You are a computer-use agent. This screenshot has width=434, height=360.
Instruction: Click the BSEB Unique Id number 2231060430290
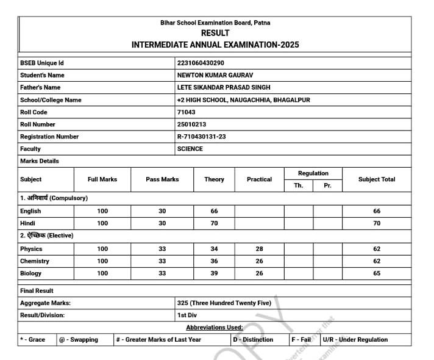(200, 63)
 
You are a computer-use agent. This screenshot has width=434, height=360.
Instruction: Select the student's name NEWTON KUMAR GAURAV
(215, 75)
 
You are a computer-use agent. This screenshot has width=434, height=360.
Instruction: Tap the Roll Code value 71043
(186, 112)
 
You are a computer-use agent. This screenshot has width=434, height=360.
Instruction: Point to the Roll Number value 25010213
(191, 124)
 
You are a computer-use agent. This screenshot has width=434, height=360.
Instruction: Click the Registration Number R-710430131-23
(201, 137)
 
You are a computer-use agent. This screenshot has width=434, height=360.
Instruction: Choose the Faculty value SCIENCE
(190, 149)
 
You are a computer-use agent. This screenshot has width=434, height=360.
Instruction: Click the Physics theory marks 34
(214, 249)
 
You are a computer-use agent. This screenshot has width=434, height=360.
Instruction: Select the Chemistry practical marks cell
(259, 261)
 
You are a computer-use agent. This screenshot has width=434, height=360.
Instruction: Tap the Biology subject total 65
(377, 273)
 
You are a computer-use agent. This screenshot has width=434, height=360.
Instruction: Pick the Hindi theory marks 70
(214, 223)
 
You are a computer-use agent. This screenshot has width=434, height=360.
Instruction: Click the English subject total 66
(377, 211)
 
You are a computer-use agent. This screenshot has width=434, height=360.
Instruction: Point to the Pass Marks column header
(162, 179)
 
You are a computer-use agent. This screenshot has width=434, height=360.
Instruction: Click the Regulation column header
(313, 173)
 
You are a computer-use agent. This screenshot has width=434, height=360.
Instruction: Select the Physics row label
(31, 249)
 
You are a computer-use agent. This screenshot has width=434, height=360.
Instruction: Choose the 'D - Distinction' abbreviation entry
(253, 339)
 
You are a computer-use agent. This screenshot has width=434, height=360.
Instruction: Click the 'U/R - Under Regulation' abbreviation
(355, 339)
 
